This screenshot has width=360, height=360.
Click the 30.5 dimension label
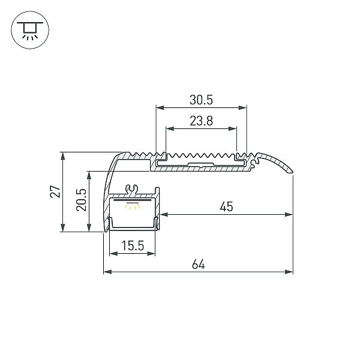tap(201, 100)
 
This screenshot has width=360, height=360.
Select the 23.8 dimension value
tap(201, 121)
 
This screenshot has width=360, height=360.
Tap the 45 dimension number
tap(226, 206)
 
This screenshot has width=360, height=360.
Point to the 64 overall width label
tap(199, 264)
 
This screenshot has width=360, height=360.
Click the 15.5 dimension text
tap(133, 245)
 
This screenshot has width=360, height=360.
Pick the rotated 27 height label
tap(56, 191)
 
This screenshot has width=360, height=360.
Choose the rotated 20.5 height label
tap(81, 200)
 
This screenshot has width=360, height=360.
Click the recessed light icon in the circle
tap(30, 30)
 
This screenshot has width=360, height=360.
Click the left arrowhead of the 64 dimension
tap(107, 272)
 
